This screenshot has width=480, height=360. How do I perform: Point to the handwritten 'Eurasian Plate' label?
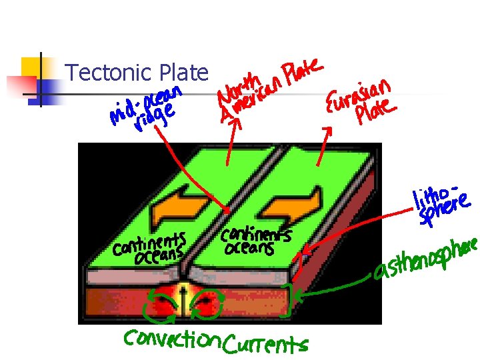coord(360,102)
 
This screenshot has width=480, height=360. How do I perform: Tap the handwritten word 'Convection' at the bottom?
coord(172,340)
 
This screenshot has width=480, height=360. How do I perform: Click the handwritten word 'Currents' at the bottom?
coord(265,345)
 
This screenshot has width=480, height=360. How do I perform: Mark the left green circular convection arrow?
coord(162,303)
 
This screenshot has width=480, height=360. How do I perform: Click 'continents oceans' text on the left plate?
coord(149,247)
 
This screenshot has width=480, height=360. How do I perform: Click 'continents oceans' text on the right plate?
coord(256,241)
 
